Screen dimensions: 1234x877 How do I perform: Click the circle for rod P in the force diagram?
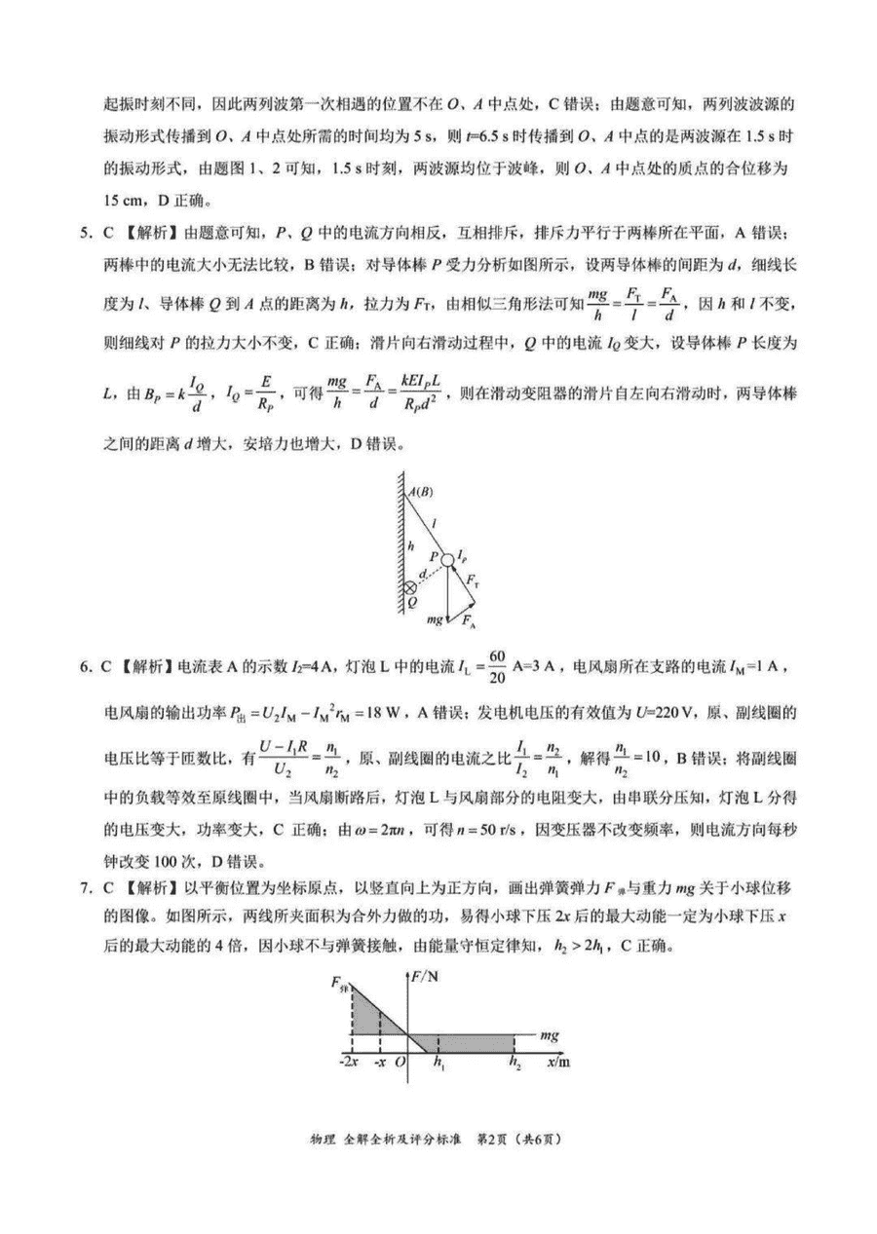coord(446,559)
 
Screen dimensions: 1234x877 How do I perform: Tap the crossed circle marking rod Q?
coord(411,588)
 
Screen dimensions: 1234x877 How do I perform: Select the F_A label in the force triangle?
coord(470,620)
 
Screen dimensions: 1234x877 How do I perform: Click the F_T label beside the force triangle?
coord(473,580)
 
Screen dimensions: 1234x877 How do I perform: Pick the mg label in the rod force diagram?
coord(436,618)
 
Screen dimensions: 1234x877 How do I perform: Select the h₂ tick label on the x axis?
coord(515,1063)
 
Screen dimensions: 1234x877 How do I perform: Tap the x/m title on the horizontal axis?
coord(557,1061)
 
